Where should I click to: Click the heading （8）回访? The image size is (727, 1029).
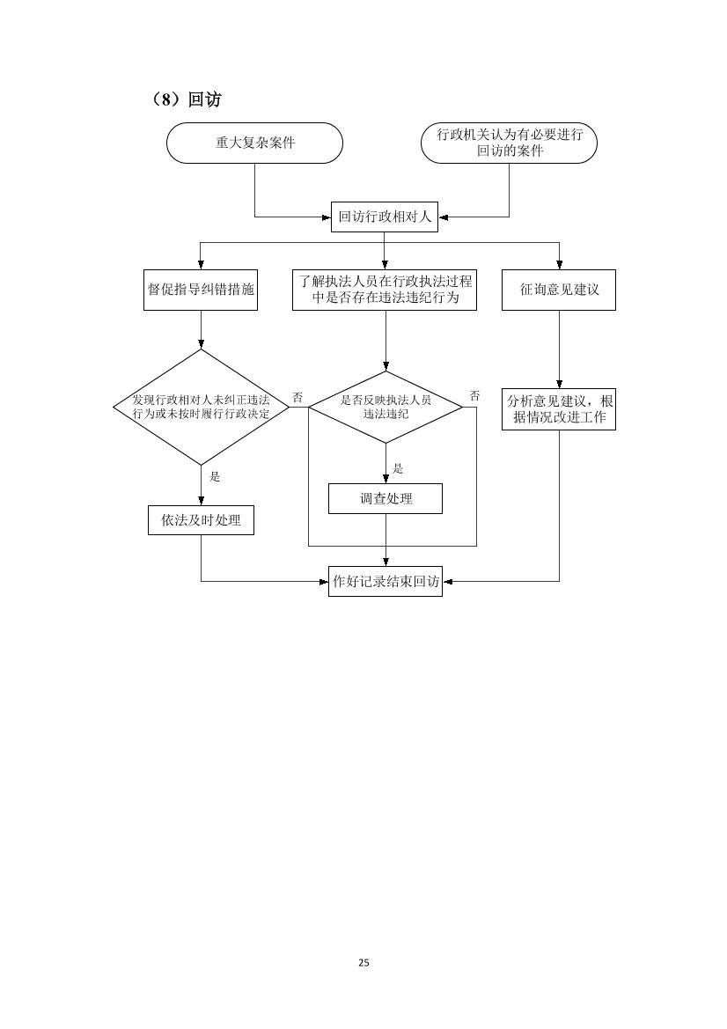(187, 99)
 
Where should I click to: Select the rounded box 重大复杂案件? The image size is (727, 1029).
(254, 143)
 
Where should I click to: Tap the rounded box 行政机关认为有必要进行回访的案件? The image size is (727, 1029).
(509, 143)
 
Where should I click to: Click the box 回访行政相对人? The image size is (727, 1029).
(385, 217)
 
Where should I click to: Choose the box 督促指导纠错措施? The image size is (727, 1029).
(201, 290)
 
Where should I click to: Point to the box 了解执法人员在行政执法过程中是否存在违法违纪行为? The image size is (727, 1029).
(385, 290)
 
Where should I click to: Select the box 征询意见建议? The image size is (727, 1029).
(559, 290)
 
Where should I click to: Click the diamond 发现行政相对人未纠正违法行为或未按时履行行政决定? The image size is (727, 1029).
(201, 408)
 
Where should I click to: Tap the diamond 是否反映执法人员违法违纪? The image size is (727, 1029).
(386, 408)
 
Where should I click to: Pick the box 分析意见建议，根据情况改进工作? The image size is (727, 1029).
(559, 408)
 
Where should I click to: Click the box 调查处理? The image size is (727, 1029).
(386, 499)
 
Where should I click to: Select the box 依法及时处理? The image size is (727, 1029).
(201, 520)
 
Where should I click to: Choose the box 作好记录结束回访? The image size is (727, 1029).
(386, 582)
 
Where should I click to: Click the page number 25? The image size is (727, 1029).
(364, 963)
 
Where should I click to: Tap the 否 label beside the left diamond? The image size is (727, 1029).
(297, 398)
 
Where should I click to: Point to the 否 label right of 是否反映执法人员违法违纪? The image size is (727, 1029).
(474, 396)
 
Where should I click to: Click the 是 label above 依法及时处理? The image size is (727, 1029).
(215, 477)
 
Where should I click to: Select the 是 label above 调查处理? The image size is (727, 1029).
(398, 468)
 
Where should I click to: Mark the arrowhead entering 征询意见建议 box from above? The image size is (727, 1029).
(560, 265)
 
